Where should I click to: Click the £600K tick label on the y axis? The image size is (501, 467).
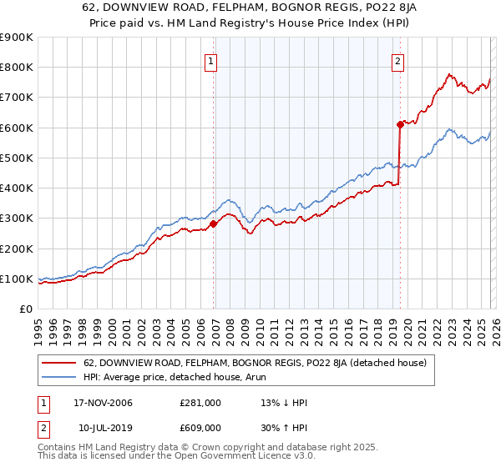pyautogui.click(x=17, y=128)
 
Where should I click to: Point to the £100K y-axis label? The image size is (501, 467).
pyautogui.click(x=17, y=279)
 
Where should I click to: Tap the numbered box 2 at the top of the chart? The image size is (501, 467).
pyautogui.click(x=397, y=61)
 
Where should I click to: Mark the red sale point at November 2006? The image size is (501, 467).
pyautogui.click(x=214, y=223)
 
